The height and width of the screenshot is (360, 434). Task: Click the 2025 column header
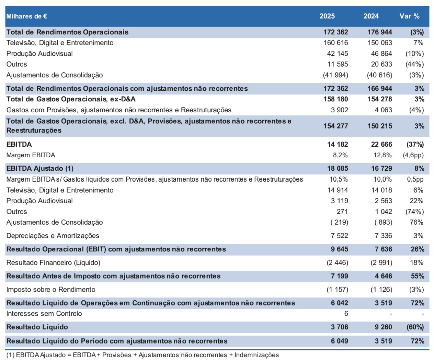327,16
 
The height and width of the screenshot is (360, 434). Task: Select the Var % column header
409,16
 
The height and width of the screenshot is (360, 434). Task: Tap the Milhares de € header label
26,16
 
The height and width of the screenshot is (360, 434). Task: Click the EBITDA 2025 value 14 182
337,144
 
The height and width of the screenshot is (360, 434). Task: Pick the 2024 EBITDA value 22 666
381,144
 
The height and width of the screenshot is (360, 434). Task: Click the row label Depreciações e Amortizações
53,236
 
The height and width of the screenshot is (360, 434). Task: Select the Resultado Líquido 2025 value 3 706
339,327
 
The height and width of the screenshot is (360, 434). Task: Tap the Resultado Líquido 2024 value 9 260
383,327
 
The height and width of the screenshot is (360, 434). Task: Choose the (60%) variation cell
415,327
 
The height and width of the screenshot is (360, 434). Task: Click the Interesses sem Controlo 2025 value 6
346,313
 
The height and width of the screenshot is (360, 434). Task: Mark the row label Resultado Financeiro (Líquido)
53,263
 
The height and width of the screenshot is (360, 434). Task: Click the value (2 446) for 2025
337,263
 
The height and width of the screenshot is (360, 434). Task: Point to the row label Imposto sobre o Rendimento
51,290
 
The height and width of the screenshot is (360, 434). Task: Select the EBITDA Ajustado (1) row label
40,168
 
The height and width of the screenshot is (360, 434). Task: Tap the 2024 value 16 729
381,168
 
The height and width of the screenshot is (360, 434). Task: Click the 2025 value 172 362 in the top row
335,32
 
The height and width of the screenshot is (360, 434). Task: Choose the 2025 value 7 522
339,236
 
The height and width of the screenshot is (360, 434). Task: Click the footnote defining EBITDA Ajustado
142,355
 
